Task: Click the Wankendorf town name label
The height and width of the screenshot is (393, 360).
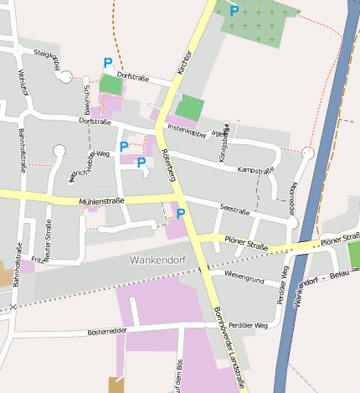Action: click(158, 260)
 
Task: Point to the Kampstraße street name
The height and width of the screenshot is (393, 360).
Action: click(257, 170)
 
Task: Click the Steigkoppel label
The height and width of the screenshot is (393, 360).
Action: click(47, 59)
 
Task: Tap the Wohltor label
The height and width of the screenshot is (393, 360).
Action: click(24, 81)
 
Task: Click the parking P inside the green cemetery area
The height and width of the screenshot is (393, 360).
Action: click(234, 11)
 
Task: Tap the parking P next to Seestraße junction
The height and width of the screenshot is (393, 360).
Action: click(180, 215)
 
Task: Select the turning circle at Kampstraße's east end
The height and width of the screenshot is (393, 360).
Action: click(307, 153)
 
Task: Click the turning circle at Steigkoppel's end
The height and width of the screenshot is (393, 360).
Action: click(66, 77)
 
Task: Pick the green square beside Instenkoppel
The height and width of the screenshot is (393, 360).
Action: click(191, 107)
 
